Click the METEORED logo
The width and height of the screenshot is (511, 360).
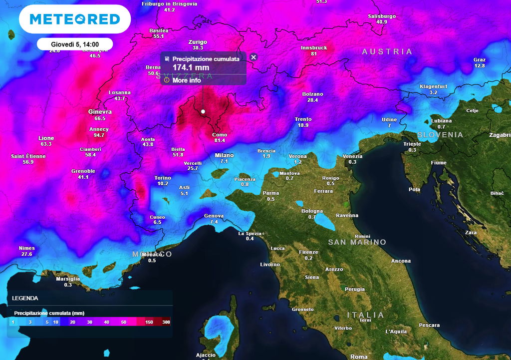[75, 19]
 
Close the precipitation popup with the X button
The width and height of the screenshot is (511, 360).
[253, 57]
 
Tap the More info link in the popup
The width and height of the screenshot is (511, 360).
[187, 80]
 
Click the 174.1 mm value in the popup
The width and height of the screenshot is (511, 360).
[191, 67]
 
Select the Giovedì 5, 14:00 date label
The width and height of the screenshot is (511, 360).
[75, 44]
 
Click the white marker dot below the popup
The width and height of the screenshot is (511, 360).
[203, 111]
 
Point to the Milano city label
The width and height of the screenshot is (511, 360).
[224, 155]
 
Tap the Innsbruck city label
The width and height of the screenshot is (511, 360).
[314, 48]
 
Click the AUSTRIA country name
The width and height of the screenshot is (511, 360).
[387, 52]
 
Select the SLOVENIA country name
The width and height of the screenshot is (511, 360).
[440, 135]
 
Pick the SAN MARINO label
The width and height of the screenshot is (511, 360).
[357, 242]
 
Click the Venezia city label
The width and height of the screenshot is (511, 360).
[352, 156]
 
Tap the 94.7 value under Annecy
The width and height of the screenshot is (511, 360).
[99, 135]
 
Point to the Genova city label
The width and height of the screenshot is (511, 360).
[214, 216]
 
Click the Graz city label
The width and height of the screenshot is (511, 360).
[479, 60]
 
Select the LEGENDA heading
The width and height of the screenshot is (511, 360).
[25, 298]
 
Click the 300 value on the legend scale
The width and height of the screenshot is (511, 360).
[166, 323]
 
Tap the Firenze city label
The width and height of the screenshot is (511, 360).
[308, 252]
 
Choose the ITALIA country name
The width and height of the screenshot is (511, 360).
[366, 315]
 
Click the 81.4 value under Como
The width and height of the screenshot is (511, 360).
[220, 141]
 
